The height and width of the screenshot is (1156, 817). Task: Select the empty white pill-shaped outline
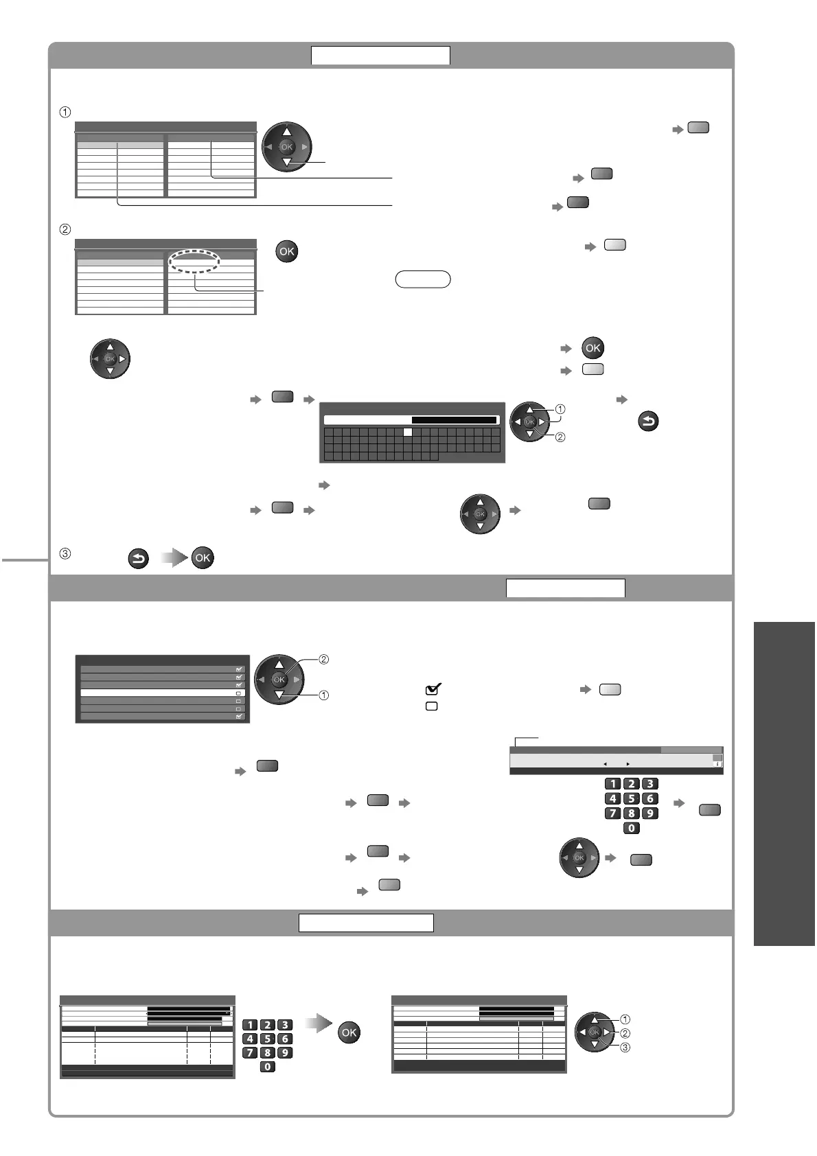pos(423,279)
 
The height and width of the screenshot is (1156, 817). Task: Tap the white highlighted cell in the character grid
pos(407,432)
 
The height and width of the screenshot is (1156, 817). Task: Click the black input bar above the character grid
pos(454,420)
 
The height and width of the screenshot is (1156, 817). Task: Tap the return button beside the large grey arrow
pos(138,559)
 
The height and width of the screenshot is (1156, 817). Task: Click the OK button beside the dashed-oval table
pos(286,251)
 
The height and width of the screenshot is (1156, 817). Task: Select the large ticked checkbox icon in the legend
pos(433,689)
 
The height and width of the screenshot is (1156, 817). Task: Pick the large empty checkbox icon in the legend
pos(432,706)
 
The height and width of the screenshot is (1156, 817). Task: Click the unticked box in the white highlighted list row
pos(239,693)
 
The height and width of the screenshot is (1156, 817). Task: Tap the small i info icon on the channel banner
pos(717,763)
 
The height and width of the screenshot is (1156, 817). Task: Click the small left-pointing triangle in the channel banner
pos(605,763)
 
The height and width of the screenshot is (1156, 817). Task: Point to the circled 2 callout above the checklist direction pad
pos(324,660)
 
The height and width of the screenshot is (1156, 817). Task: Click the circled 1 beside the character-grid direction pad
pos(560,409)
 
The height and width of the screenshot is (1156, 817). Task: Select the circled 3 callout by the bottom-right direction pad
pos(625,1048)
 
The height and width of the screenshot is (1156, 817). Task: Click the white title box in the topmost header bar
pos(380,55)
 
